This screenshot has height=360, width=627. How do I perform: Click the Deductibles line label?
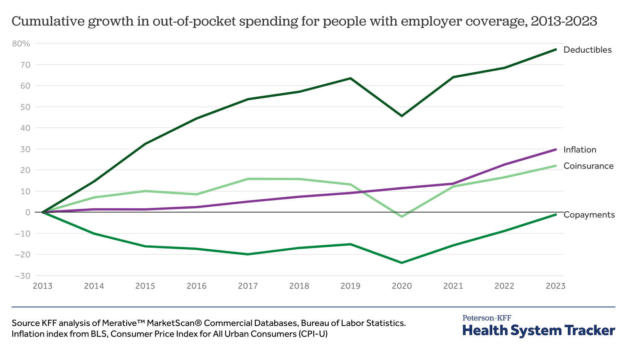(x=587, y=50)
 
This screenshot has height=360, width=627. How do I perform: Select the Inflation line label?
(x=580, y=150)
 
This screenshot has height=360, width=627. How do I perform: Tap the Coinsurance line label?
(x=588, y=166)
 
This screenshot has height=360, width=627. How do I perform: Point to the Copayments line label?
(x=589, y=215)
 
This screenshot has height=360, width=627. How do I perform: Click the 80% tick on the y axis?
(x=21, y=44)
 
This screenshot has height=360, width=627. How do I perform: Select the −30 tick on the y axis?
(x=22, y=276)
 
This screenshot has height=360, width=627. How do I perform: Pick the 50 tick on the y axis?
(x=25, y=107)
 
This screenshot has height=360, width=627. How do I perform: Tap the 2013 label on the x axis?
(x=43, y=286)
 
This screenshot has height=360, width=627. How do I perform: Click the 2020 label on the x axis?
(x=402, y=286)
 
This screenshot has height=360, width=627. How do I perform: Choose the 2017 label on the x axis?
(x=248, y=286)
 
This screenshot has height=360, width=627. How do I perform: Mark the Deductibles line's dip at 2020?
(x=402, y=116)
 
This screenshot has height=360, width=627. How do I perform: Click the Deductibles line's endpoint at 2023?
(x=556, y=50)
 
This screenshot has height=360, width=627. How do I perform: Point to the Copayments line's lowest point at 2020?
(x=402, y=263)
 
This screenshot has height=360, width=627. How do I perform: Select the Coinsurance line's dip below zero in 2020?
(x=402, y=216)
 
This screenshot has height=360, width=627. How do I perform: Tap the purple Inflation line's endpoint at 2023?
(x=556, y=149)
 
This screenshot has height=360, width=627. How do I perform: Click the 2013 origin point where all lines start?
(x=43, y=212)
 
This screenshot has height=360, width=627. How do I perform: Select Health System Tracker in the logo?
(x=539, y=331)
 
